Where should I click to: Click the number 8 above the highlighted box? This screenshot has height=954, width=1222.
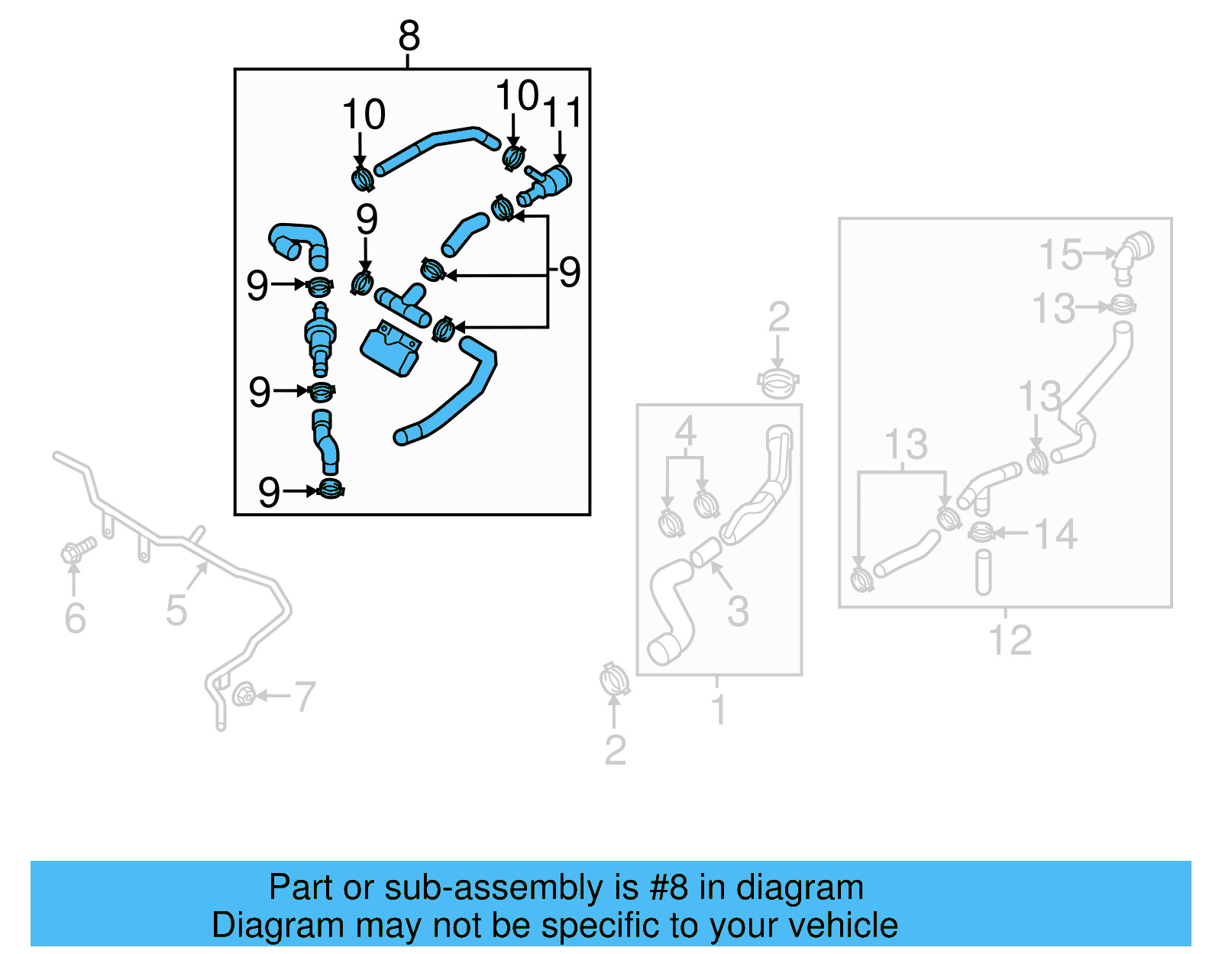[x=409, y=36]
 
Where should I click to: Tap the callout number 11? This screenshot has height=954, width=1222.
[x=562, y=112]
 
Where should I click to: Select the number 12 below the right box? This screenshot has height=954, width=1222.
[x=1010, y=640]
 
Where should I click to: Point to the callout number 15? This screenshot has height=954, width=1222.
[x=1061, y=254]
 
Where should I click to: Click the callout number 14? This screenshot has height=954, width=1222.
[x=1056, y=534]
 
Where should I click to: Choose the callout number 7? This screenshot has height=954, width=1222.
[x=305, y=697]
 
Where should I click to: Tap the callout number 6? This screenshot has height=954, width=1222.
[x=75, y=618]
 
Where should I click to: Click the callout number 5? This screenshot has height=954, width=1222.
[x=176, y=610]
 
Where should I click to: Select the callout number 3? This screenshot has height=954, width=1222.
[x=738, y=610]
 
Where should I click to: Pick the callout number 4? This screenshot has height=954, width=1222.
[x=685, y=432]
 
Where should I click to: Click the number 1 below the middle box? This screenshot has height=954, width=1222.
[x=718, y=710]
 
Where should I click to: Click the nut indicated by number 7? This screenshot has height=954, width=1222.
[x=244, y=695]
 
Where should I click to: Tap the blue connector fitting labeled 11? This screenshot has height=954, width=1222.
[x=548, y=183]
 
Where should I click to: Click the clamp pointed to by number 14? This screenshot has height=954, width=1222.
[x=981, y=532]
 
